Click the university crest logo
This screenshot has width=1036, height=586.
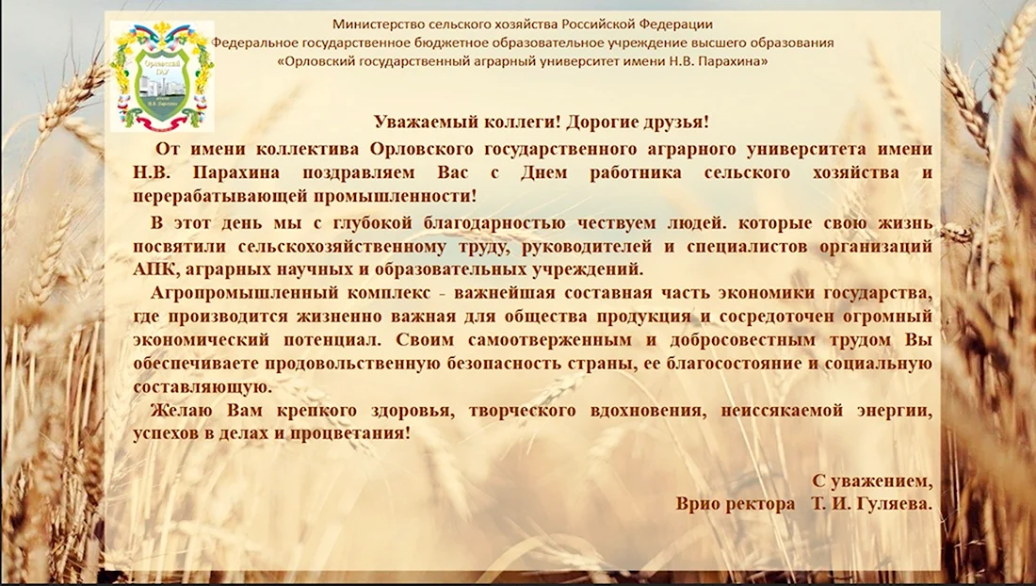pos(162,76)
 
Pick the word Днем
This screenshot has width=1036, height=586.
pos(543,172)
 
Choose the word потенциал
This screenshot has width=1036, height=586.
pos(332,340)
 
